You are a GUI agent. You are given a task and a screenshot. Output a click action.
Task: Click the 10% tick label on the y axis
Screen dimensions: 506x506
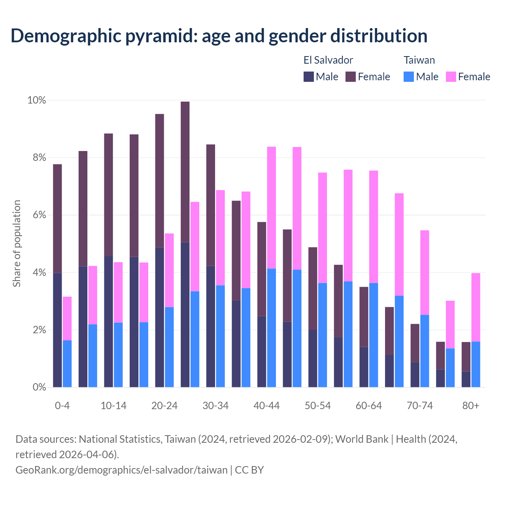click(36, 100)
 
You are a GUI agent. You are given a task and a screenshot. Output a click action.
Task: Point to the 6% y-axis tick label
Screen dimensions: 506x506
click(39, 215)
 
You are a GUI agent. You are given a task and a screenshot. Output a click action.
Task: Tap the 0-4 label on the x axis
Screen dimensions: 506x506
click(62, 406)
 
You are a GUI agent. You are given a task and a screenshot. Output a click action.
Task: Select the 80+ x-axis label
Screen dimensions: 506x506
click(471, 406)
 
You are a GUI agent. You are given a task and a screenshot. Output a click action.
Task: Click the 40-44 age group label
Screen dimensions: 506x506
click(266, 406)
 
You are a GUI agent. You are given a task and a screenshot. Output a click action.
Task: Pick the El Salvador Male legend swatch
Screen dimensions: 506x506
click(309, 77)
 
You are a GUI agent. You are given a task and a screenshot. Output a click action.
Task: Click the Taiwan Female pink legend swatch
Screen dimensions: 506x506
click(451, 77)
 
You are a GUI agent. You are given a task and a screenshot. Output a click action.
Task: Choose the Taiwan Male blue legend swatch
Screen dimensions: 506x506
click(409, 77)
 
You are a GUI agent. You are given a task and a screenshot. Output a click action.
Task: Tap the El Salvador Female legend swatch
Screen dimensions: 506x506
click(351, 77)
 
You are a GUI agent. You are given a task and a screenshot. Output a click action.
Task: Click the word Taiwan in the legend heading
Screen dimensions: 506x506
click(419, 60)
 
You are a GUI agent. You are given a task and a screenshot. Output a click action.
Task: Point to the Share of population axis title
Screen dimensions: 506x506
click(17, 244)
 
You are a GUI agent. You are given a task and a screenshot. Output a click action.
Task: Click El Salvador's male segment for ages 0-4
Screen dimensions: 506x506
click(57, 330)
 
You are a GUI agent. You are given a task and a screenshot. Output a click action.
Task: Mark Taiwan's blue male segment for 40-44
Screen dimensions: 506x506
click(272, 328)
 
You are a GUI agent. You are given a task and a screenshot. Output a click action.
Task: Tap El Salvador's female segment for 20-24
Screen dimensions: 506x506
click(160, 181)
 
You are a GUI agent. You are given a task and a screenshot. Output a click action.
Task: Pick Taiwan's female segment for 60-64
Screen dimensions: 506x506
click(374, 227)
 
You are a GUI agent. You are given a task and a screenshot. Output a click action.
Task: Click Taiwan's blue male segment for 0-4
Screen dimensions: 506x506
click(67, 364)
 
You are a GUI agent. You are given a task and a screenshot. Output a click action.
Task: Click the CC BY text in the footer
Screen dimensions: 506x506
click(249, 470)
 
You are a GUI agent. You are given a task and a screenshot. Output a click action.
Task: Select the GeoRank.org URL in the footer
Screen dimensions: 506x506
click(121, 470)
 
